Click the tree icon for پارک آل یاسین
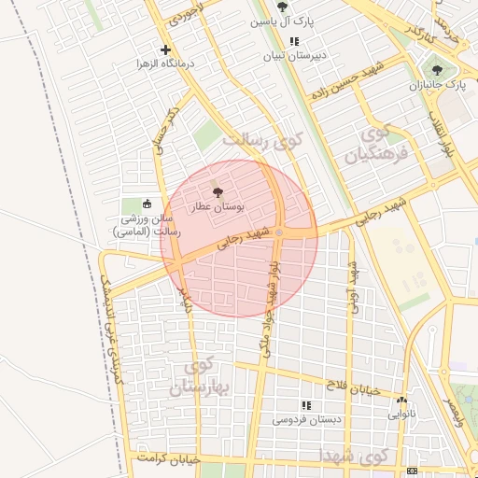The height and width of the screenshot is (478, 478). tap(283, 7)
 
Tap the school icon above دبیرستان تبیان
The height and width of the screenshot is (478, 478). tap(295, 41)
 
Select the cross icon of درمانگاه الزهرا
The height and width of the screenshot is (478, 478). tap(166, 49)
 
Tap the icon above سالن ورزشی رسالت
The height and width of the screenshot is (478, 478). tap(146, 204)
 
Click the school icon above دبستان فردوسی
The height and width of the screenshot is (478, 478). tap(305, 406)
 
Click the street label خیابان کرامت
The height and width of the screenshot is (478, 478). tap(169, 459)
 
